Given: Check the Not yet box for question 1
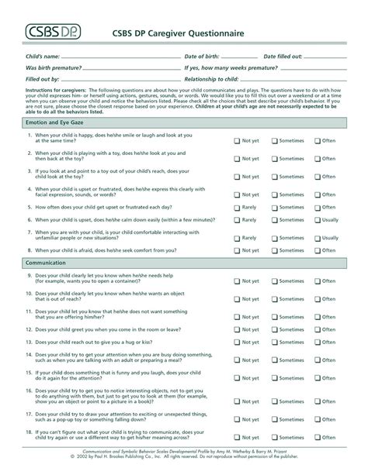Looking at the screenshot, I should pyautogui.click(x=238, y=141).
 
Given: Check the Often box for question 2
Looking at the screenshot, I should pyautogui.click(x=317, y=159).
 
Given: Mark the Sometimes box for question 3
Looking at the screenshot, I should pyautogui.click(x=275, y=177).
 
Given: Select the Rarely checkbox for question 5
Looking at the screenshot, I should pyautogui.click(x=238, y=208).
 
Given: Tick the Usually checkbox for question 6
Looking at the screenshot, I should pyautogui.click(x=317, y=220).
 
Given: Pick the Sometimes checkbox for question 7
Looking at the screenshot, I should pyautogui.click(x=275, y=238).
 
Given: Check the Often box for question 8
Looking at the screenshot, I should pyautogui.click(x=317, y=250).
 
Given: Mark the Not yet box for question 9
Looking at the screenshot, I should pyautogui.click(x=238, y=281).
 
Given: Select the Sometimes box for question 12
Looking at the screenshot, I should pyautogui.click(x=275, y=329).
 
